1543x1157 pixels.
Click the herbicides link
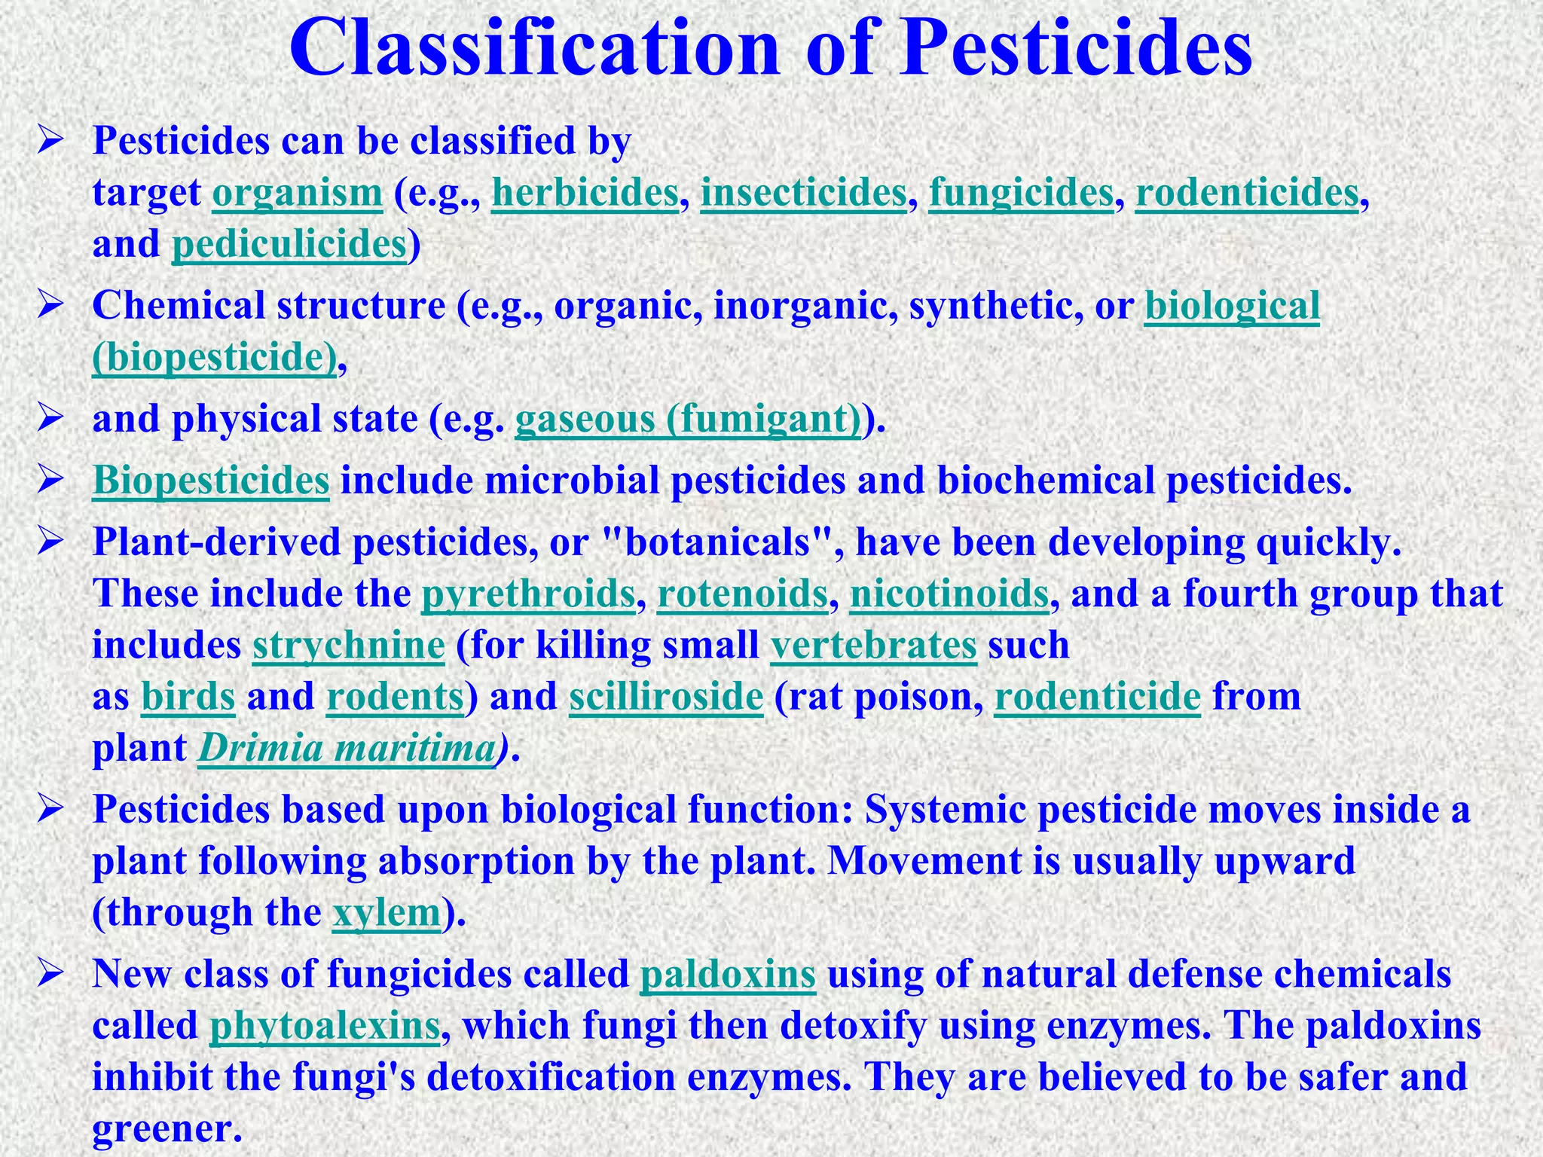585,193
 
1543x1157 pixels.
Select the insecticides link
803,193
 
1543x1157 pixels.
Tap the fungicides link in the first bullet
1021,193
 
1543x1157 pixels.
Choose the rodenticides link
1248,193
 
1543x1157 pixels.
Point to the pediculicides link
290,244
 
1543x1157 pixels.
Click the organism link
298,193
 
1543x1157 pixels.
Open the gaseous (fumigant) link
688,419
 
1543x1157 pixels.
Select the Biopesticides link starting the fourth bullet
211,481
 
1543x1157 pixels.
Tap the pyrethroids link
528,594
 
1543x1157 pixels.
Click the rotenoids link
742,594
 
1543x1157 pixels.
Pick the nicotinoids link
949,594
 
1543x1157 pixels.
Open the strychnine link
349,646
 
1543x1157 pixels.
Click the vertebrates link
874,646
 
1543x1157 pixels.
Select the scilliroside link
666,697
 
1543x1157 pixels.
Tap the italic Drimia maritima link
347,749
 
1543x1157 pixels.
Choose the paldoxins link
728,974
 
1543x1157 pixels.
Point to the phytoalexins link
325,1026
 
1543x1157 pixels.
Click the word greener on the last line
161,1128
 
